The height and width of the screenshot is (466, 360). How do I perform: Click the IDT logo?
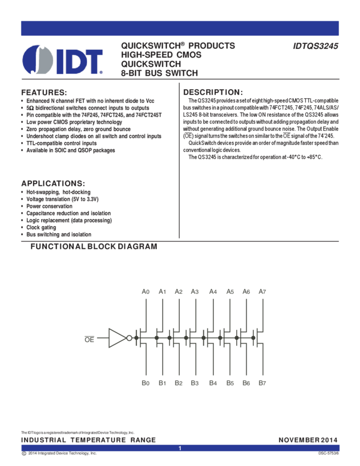[x=62, y=59]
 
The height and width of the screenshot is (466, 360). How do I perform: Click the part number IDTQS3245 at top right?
[x=316, y=47]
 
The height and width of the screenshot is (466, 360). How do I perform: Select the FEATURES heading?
[x=43, y=93]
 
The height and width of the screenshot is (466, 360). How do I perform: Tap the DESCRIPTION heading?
[x=212, y=92]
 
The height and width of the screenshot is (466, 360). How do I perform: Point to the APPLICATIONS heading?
[x=53, y=183]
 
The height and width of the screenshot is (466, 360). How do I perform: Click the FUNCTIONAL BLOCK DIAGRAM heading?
[x=94, y=247]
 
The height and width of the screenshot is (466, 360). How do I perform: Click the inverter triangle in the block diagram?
[x=117, y=338]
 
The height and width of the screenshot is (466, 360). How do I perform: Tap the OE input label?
[x=89, y=339]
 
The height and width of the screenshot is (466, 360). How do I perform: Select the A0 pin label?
[x=145, y=291]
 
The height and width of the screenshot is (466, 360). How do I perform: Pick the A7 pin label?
[x=262, y=291]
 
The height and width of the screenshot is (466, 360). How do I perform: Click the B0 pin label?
[x=145, y=382]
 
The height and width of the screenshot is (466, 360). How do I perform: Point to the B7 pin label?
[x=262, y=382]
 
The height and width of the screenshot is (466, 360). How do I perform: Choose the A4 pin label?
[x=213, y=291]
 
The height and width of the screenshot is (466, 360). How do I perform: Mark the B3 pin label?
[x=195, y=382]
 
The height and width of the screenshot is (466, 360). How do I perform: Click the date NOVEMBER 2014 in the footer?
[x=308, y=440]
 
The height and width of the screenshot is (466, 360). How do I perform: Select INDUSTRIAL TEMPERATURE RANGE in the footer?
[x=88, y=440]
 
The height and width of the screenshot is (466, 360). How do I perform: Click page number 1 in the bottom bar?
[x=180, y=448]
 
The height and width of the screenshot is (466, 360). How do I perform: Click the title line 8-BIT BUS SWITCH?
[x=159, y=72]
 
